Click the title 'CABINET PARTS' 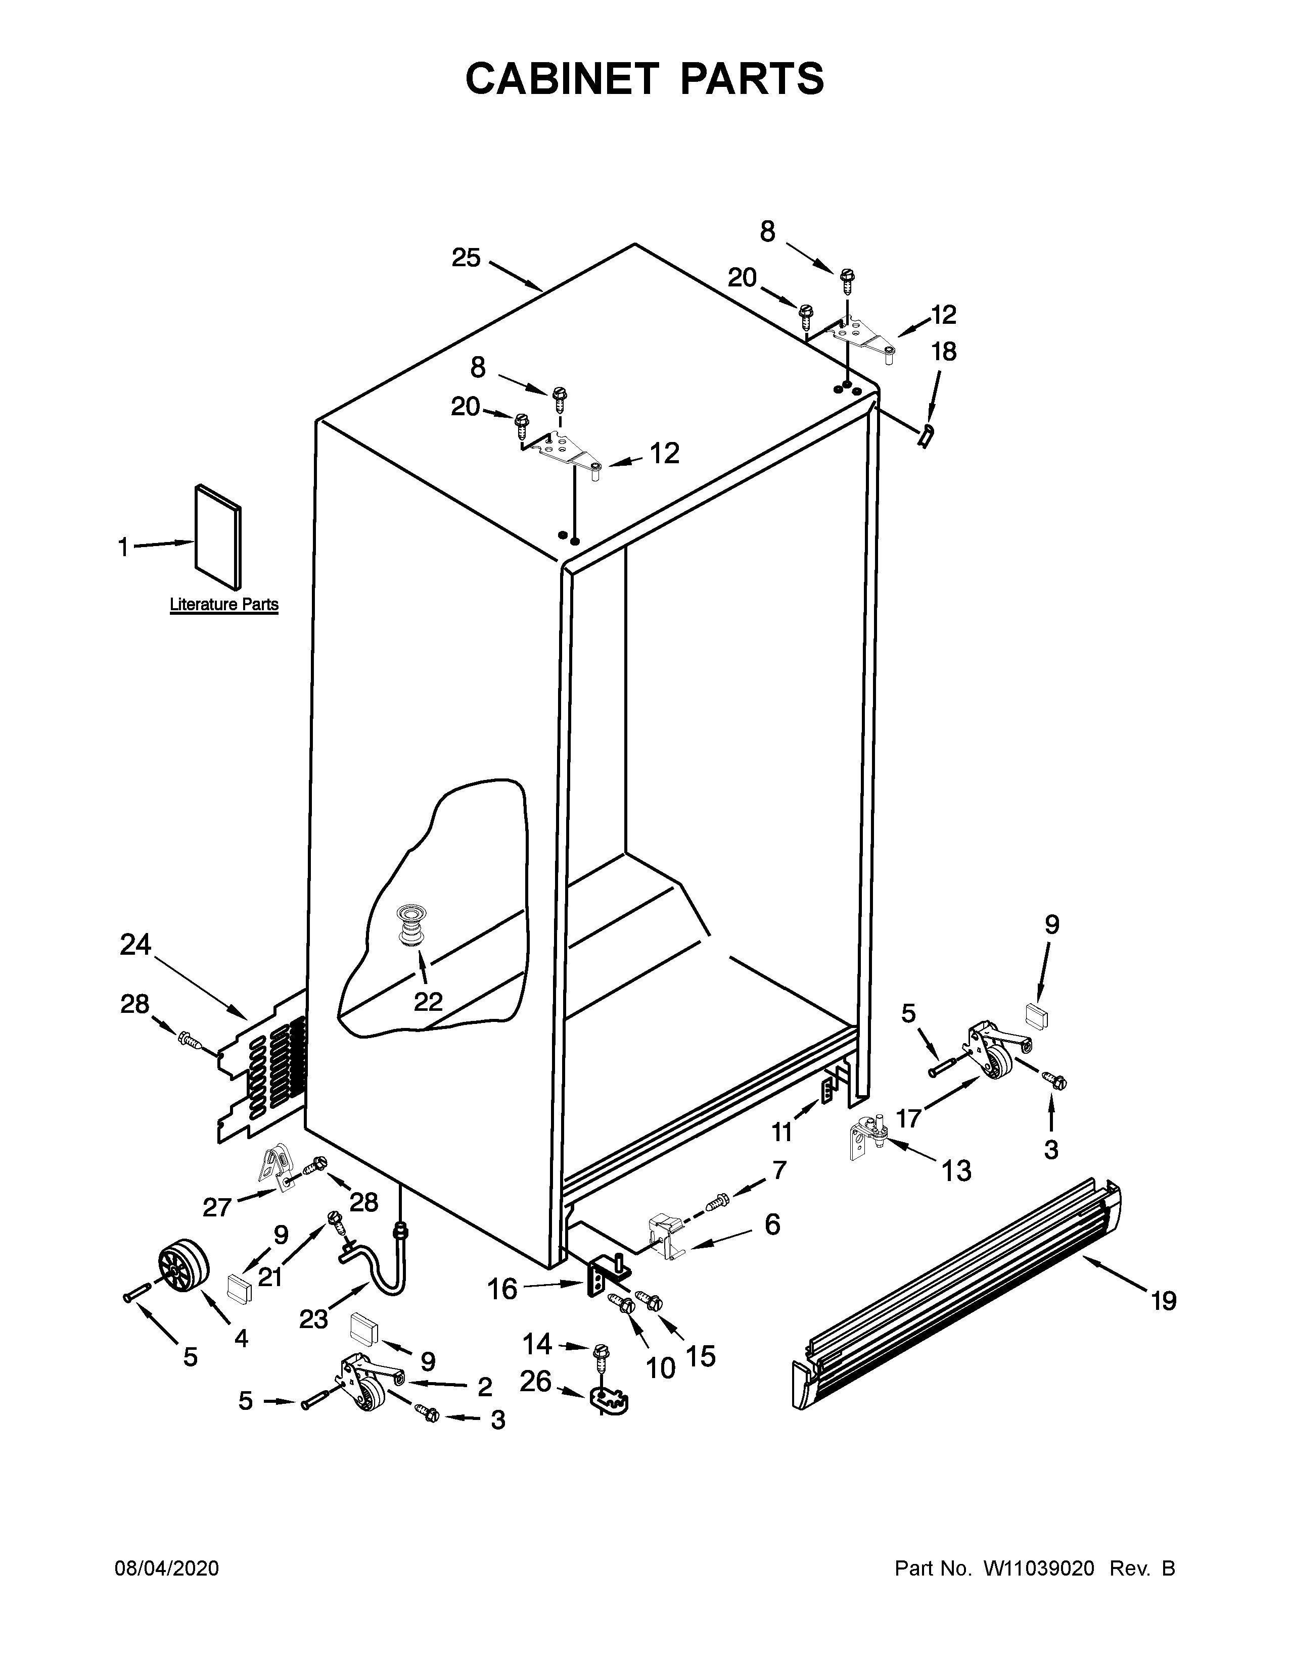[644, 79]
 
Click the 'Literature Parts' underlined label [224, 605]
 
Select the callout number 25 [466, 258]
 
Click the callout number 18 [944, 352]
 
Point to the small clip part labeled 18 [926, 436]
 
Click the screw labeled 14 [600, 1353]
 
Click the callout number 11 [781, 1133]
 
